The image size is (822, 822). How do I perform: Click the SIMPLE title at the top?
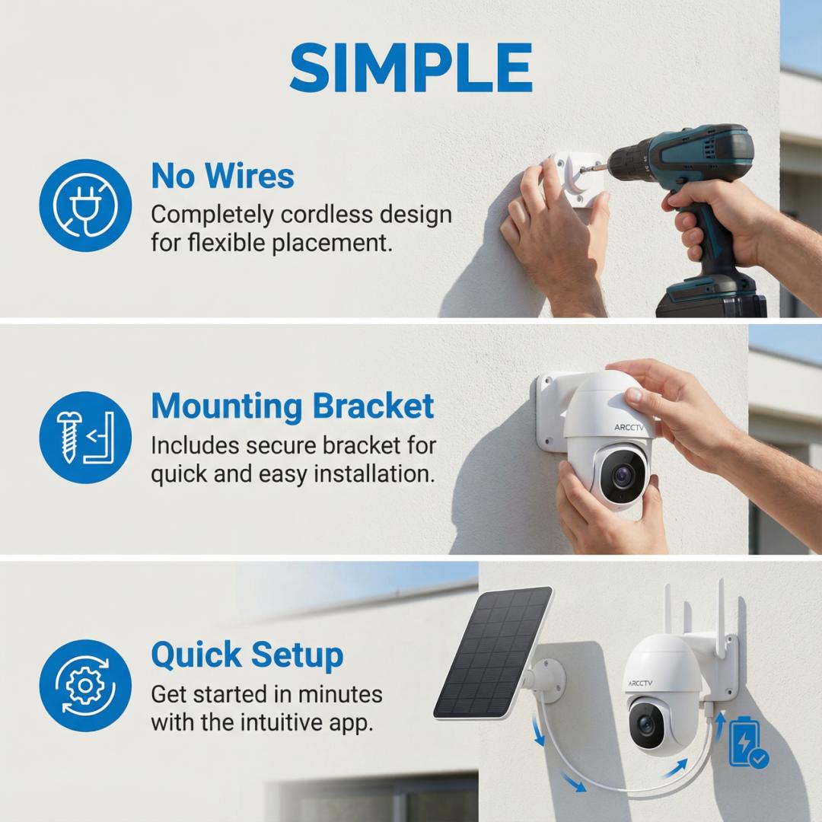411,68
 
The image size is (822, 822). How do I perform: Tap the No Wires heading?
223,176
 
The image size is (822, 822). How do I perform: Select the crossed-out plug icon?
85,205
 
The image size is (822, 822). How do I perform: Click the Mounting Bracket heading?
292,406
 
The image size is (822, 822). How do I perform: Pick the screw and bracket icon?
85,437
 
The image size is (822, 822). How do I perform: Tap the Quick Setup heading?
247,656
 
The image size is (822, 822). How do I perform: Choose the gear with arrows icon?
85,685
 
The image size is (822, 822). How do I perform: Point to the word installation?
374,474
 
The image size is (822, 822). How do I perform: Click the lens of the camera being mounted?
623,476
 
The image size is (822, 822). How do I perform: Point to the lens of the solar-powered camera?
647,725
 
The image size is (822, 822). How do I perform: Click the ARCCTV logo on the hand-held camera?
629,427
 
